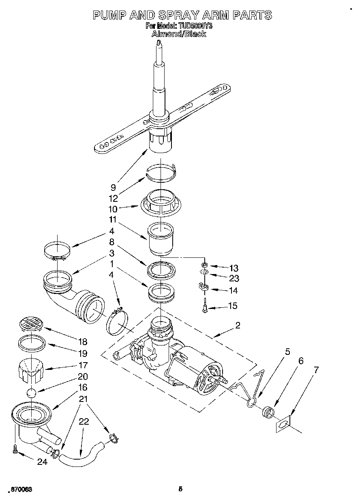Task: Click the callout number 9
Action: point(113,188)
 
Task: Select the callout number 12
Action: point(113,199)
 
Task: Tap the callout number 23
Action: point(234,279)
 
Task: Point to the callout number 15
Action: point(232,306)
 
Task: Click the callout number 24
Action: point(42,462)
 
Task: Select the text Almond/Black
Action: point(179,34)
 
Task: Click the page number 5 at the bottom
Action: point(180,489)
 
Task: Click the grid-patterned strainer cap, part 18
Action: point(31,324)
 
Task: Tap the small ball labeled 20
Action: point(31,393)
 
